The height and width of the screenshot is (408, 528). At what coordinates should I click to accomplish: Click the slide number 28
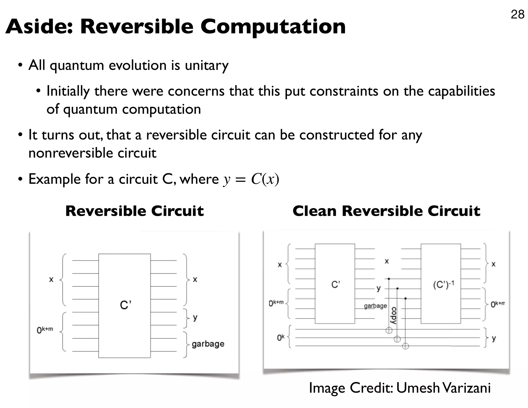tap(517, 14)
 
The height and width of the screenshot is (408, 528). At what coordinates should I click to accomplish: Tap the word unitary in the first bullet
tap(207, 65)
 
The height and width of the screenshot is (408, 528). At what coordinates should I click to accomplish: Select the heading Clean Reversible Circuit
tap(386, 211)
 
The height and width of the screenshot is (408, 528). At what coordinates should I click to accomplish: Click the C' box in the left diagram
tap(125, 306)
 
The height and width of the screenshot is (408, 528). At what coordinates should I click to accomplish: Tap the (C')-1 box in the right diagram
tap(441, 284)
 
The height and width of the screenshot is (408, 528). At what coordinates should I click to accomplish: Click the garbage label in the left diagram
tap(208, 344)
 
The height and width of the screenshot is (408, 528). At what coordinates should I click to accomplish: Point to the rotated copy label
tap(393, 316)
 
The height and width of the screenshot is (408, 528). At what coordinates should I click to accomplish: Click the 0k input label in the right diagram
tap(280, 337)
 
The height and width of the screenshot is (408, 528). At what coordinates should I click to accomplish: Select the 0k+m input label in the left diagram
tap(45, 330)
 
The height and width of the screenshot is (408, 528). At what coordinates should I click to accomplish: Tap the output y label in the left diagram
tap(195, 317)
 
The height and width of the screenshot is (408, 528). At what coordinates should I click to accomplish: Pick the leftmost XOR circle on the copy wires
tap(389, 330)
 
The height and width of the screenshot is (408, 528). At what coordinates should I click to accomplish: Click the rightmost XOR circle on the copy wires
tap(405, 346)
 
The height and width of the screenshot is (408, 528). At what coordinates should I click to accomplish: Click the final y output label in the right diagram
tap(493, 338)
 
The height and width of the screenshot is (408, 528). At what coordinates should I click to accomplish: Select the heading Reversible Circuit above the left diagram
tap(134, 211)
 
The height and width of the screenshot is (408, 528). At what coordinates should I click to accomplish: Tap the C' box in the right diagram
tap(335, 284)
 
